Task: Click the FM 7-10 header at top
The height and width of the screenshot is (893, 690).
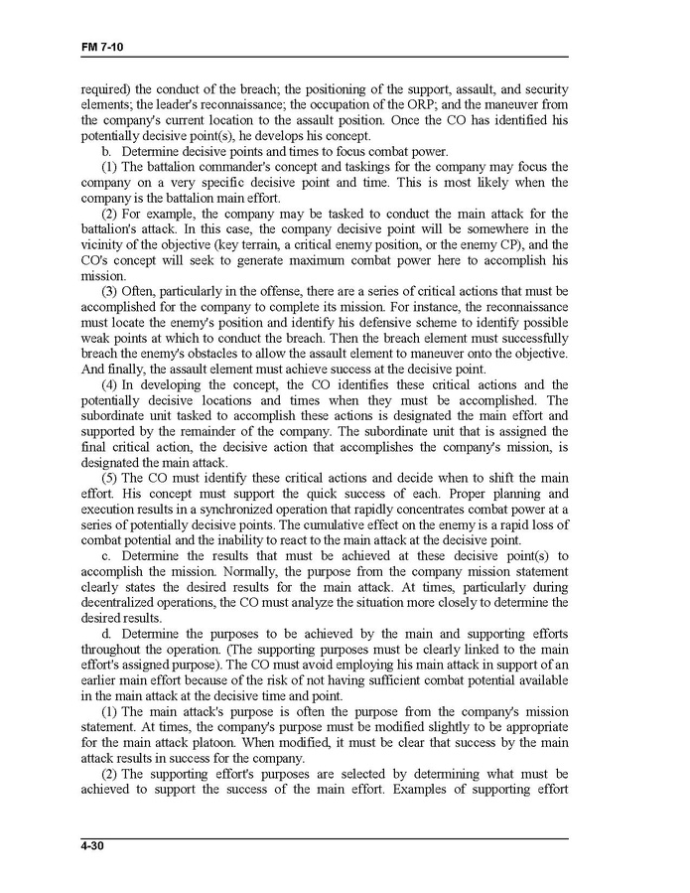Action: click(102, 48)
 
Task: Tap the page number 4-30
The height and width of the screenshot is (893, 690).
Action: click(94, 846)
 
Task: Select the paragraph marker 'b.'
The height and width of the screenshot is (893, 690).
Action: click(106, 151)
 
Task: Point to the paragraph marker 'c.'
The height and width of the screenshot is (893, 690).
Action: click(106, 555)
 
